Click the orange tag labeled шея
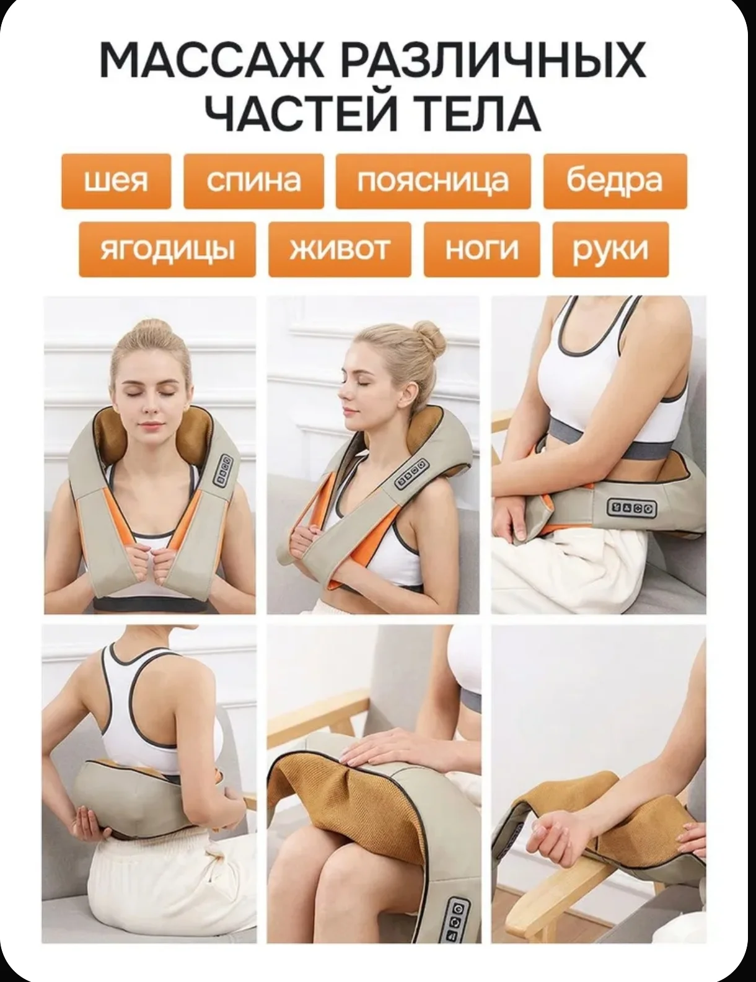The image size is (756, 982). click(x=116, y=181)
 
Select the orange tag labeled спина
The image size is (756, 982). click(x=253, y=181)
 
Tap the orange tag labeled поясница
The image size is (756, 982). click(x=433, y=181)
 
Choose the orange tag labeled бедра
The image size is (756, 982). click(x=615, y=181)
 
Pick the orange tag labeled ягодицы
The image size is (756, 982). click(x=167, y=249)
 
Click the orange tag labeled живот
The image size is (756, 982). click(x=340, y=249)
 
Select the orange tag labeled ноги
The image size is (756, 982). click(x=481, y=249)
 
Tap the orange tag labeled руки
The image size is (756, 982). click(x=610, y=249)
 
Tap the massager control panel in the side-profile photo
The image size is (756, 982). click(x=411, y=473)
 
